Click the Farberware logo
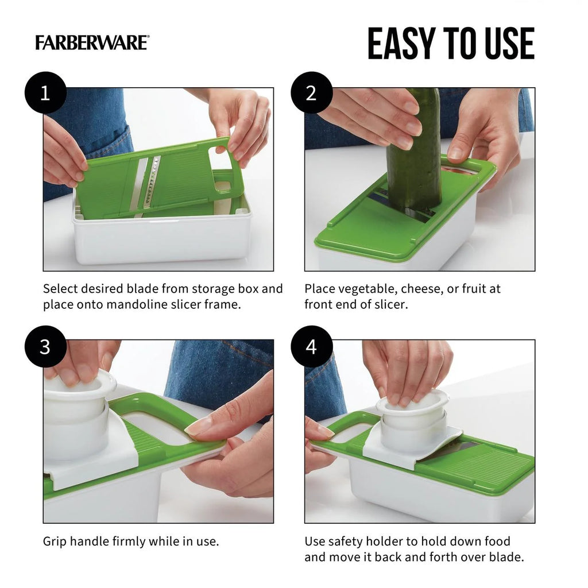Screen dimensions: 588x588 (x=92, y=43)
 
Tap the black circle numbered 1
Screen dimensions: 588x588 (x=45, y=92)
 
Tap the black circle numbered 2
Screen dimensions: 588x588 (x=311, y=92)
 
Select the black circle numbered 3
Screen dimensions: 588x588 (x=45, y=346)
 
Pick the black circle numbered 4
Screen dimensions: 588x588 (x=311, y=346)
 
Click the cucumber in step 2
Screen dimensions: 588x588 (x=415, y=155)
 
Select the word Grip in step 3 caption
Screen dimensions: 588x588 (x=55, y=541)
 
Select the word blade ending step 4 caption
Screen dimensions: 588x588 (x=506, y=557)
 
